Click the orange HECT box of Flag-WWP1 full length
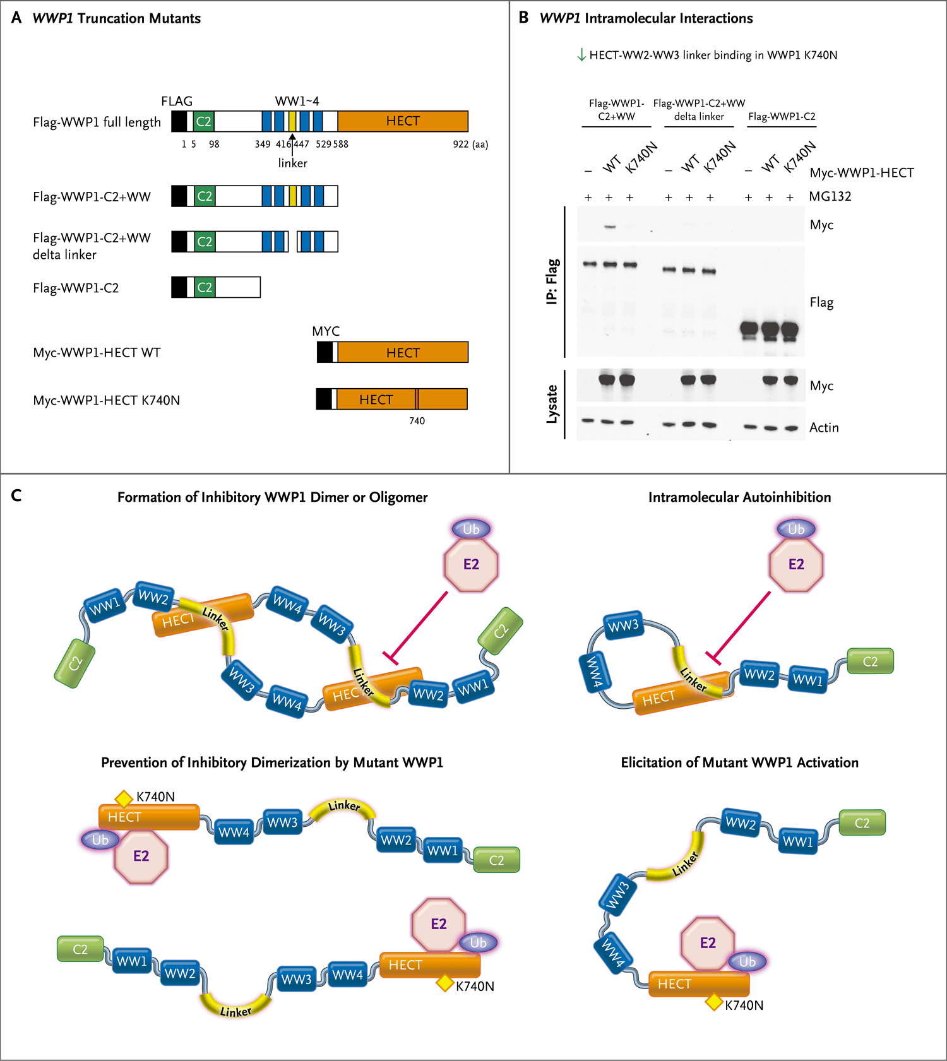tap(403, 121)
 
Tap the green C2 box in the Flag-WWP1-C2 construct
tap(205, 288)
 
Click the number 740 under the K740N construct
tap(417, 421)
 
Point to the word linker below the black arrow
tap(292, 163)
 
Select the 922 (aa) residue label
tap(470, 145)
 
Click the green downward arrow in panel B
tap(581, 55)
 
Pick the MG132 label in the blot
tap(830, 196)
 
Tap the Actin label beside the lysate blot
tap(824, 428)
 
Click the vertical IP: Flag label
tap(552, 282)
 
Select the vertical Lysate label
tap(552, 404)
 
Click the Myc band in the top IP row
tap(609, 226)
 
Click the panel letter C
tap(16, 495)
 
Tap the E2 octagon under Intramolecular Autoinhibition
tap(796, 564)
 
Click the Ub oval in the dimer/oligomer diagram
tap(471, 530)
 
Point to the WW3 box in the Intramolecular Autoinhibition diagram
tap(623, 625)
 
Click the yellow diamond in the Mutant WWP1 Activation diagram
tap(714, 1002)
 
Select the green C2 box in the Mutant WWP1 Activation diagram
tap(862, 823)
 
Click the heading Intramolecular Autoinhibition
tap(739, 497)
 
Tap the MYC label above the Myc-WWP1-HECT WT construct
tap(326, 331)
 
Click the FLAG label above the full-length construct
tap(177, 102)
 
